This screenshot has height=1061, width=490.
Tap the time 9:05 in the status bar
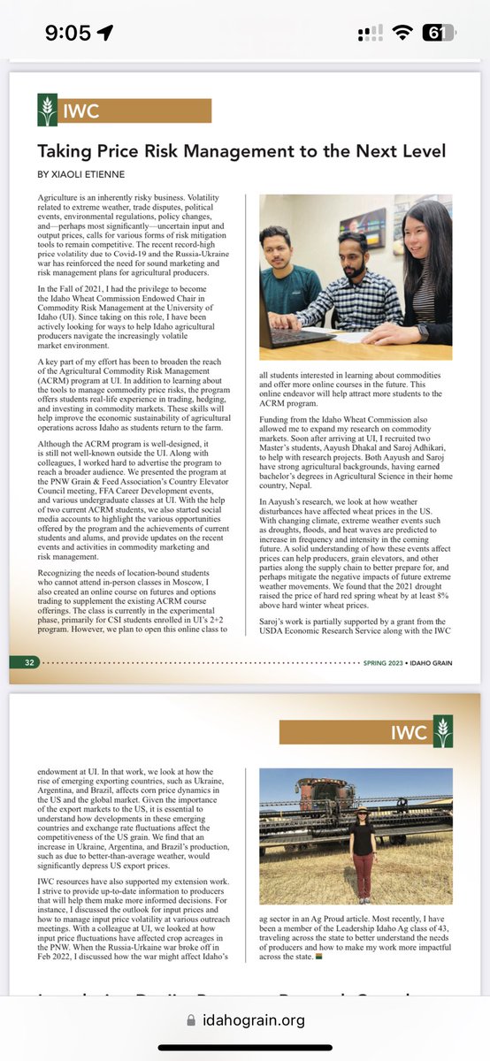[x=67, y=34]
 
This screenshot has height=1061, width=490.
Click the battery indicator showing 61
[x=437, y=34]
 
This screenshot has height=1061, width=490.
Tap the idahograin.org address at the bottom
[x=256, y=1019]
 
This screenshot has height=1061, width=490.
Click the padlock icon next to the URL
[x=194, y=1019]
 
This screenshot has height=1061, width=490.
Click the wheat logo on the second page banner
[x=443, y=733]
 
